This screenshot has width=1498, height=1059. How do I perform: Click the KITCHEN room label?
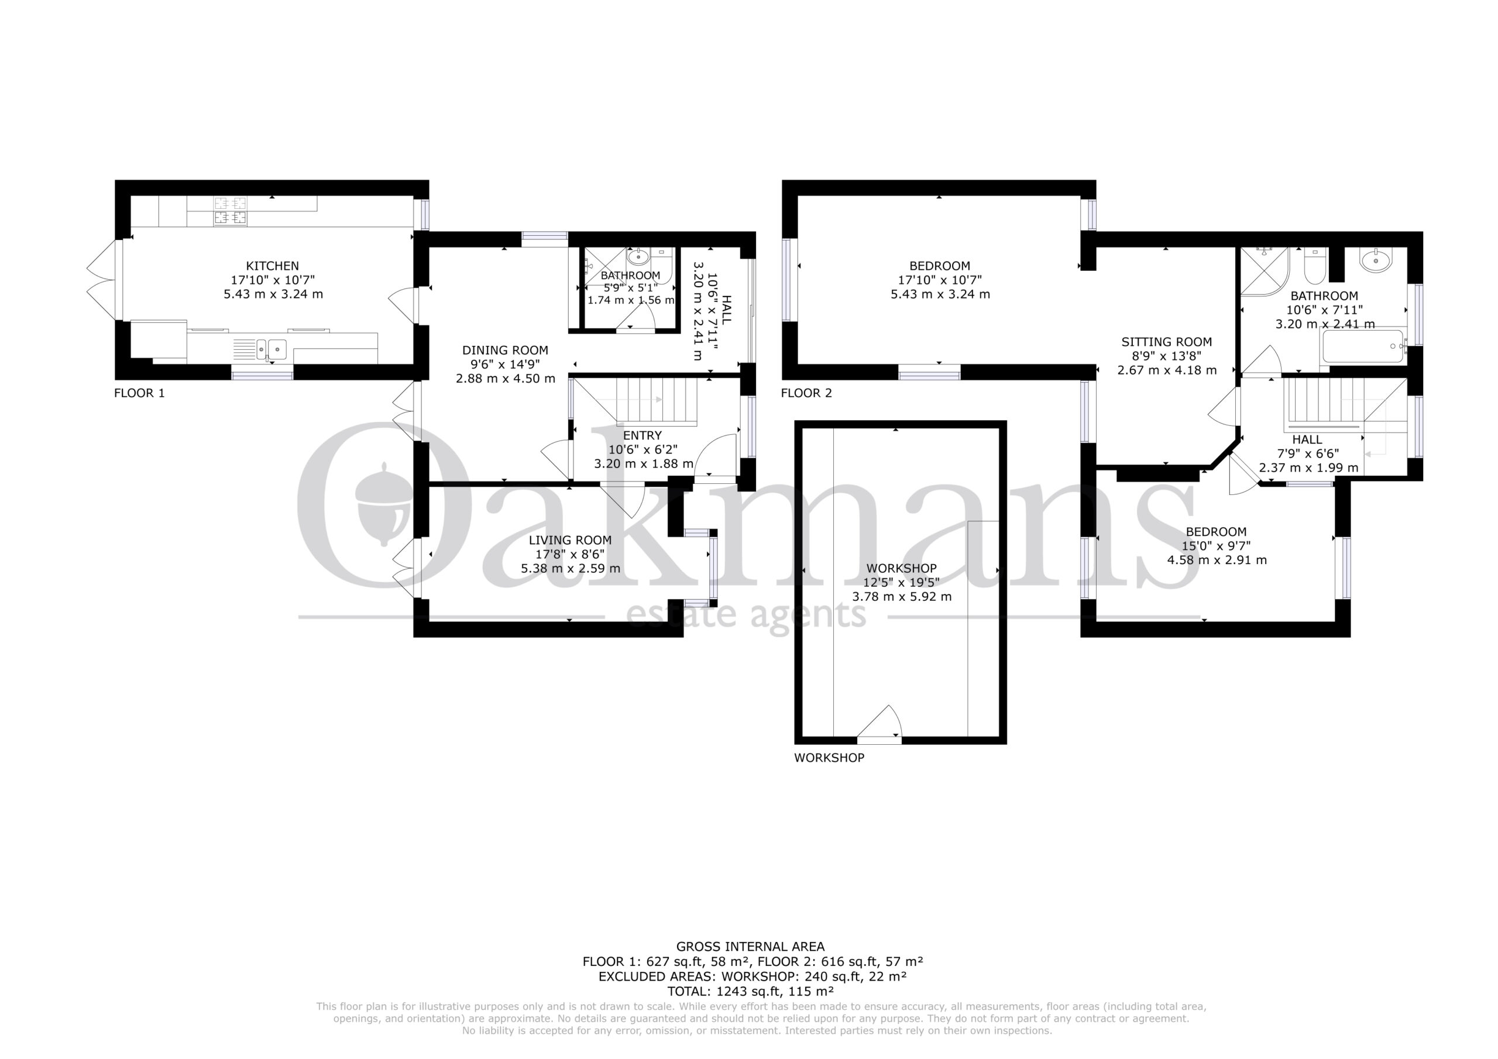pyautogui.click(x=272, y=266)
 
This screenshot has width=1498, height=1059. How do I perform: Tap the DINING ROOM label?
pyautogui.click(x=505, y=350)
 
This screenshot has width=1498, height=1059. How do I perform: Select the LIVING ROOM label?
pyautogui.click(x=569, y=540)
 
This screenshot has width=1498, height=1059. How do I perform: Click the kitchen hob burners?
pyautogui.click(x=231, y=211)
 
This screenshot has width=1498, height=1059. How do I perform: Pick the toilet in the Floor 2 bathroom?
pyautogui.click(x=1315, y=266)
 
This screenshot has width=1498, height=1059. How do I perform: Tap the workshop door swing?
pyautogui.click(x=879, y=721)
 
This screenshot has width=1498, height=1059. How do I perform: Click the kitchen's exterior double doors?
pyautogui.click(x=103, y=280)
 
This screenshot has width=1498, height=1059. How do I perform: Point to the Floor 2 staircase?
pyautogui.click(x=1345, y=404)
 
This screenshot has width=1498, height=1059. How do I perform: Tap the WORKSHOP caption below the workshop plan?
pyautogui.click(x=829, y=758)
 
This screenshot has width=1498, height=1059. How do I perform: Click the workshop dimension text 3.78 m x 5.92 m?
pyautogui.click(x=902, y=596)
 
